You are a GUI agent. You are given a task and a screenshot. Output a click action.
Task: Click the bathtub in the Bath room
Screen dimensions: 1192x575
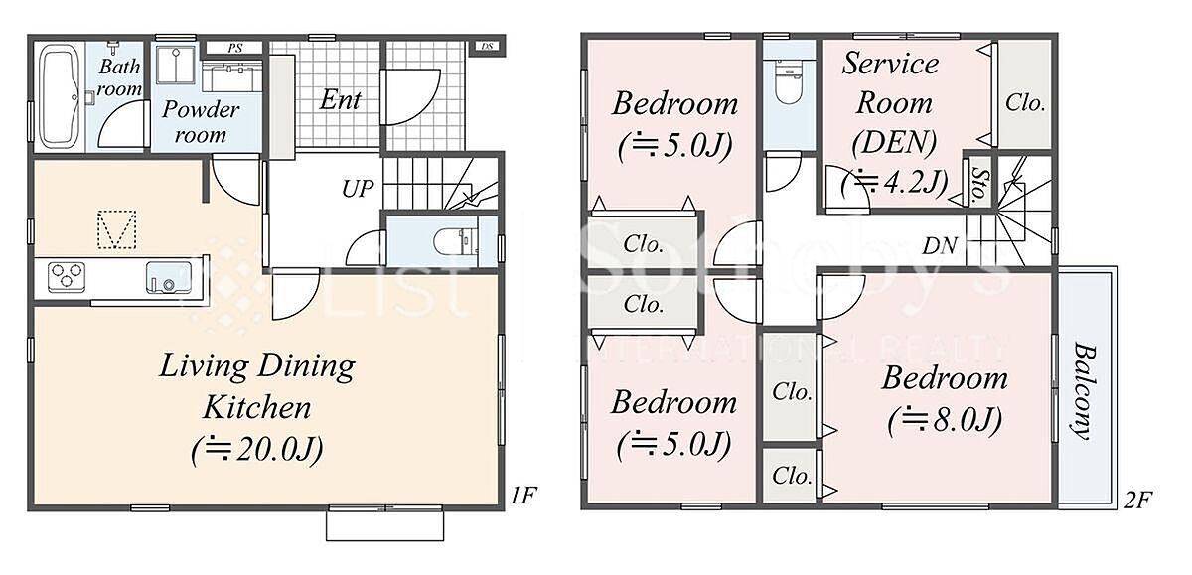tap(62, 95)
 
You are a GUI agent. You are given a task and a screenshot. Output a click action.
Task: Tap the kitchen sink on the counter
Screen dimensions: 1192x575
tap(169, 277)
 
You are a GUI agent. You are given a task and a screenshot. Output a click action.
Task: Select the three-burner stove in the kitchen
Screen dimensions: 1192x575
tap(67, 277)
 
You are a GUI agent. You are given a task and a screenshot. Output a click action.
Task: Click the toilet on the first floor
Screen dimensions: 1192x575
tap(456, 242)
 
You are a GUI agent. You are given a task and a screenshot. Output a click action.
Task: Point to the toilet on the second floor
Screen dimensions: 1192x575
tap(789, 83)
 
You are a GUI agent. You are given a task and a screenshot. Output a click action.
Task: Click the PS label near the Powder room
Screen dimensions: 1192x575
tap(235, 48)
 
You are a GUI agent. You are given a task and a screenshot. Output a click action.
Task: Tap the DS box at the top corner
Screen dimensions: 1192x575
tap(488, 47)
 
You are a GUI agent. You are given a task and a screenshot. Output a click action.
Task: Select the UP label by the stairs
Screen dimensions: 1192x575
tap(358, 189)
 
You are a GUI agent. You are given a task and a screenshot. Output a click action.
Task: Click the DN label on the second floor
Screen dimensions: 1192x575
tap(940, 245)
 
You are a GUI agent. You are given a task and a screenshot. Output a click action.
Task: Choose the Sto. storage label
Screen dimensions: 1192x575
tap(979, 185)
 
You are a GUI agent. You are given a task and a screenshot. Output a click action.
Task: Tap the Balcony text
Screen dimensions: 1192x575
tap(1085, 391)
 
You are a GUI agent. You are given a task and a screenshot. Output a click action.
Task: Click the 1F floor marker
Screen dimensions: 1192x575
tap(523, 496)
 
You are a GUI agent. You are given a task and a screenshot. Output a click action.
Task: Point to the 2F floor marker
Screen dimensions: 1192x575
tap(1138, 500)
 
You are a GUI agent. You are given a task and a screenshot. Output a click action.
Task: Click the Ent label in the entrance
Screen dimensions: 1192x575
tap(341, 99)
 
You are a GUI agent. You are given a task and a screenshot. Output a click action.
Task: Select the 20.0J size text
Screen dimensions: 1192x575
tap(257, 450)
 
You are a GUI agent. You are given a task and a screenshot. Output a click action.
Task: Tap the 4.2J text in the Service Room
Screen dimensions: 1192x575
tap(895, 183)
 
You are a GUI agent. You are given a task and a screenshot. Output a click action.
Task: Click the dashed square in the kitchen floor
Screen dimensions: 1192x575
tap(116, 229)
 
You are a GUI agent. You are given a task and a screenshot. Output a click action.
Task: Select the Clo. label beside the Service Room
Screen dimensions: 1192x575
tap(1025, 102)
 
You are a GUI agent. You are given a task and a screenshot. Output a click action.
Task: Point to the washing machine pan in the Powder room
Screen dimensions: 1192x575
tap(175, 65)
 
